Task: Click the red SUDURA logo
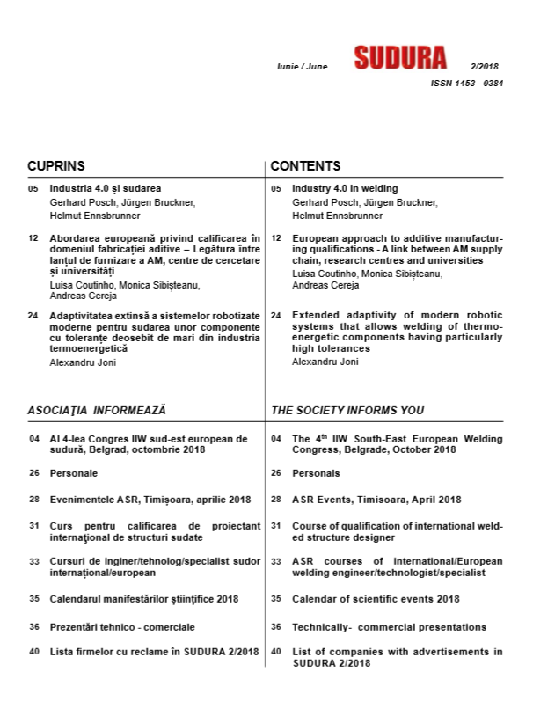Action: pyautogui.click(x=400, y=57)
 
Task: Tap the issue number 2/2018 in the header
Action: pyautogui.click(x=484, y=67)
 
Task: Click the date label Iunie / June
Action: pyautogui.click(x=303, y=67)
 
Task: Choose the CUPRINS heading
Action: pyautogui.click(x=56, y=166)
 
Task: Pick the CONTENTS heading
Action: pyautogui.click(x=305, y=166)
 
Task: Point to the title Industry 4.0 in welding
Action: pyautogui.click(x=345, y=188)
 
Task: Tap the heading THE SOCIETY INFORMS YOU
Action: pyautogui.click(x=347, y=410)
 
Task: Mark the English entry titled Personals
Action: pyautogui.click(x=316, y=473)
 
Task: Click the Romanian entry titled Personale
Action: pyautogui.click(x=74, y=473)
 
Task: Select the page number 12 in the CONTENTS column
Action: pyautogui.click(x=275, y=238)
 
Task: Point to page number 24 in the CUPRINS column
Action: pyautogui.click(x=33, y=314)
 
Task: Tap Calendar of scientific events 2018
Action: pyautogui.click(x=376, y=599)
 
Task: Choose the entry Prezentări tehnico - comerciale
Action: pyautogui.click(x=122, y=627)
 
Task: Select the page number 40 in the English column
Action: pyautogui.click(x=275, y=652)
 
